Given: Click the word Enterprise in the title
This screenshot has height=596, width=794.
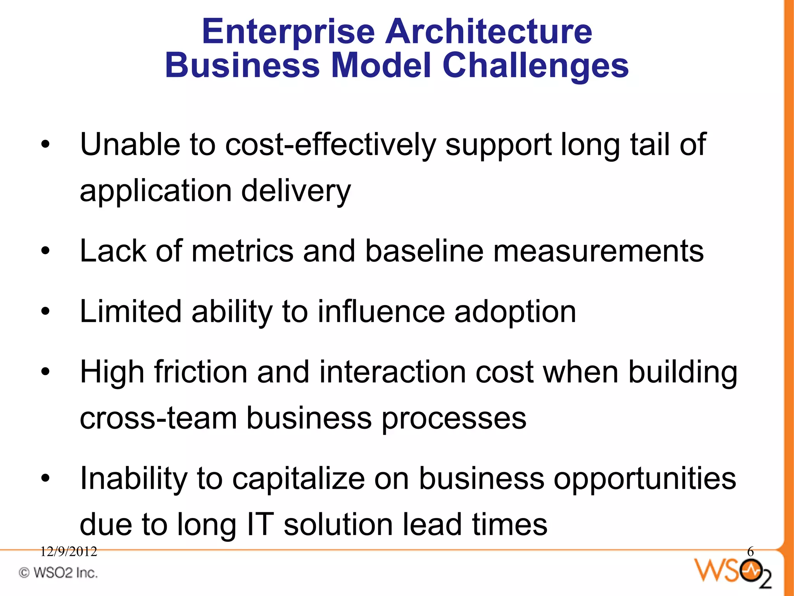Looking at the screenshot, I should click(x=288, y=32).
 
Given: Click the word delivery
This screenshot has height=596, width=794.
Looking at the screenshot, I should click(x=296, y=191).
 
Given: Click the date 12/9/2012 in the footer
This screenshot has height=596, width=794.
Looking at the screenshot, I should click(x=69, y=551).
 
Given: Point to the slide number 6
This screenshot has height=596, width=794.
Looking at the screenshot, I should click(x=750, y=551).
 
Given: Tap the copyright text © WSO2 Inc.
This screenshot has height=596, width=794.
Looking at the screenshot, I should click(x=58, y=573).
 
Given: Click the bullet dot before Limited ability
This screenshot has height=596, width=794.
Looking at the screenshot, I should click(x=46, y=311).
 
